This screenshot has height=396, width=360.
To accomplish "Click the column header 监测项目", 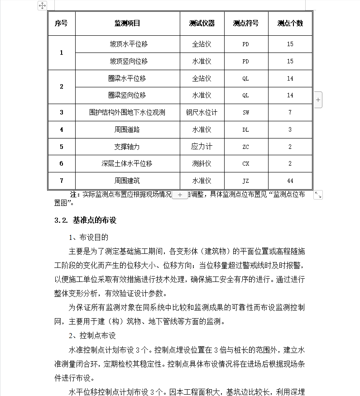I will coord(127,23).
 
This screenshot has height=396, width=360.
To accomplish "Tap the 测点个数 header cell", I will coord(290,23).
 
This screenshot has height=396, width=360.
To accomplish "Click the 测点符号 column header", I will coord(246,23).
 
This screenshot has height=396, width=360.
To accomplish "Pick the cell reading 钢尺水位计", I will coord(202,112).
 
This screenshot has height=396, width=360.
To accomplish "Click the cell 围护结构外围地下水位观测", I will coord(127,112).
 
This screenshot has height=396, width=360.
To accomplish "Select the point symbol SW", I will coord(246,113).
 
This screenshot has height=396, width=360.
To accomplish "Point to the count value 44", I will coord(290,181).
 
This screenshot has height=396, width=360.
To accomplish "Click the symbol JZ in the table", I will coord(246,181).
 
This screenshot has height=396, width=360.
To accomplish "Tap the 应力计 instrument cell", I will coord(202,147).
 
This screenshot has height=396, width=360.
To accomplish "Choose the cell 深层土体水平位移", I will coord(127,164).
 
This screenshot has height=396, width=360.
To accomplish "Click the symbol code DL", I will coord(246,130).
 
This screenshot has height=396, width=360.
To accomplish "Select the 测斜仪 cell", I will coord(202,164).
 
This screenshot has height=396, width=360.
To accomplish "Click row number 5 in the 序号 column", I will coord(62,147).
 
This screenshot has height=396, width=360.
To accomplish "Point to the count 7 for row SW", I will coord(290,113).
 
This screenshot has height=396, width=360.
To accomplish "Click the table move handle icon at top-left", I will coord(42,5).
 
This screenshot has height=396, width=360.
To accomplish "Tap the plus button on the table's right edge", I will coord(318,100).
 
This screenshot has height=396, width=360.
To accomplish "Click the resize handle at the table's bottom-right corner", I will coord(318,195).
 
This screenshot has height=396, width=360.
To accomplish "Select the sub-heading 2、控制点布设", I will coord(92,335).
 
